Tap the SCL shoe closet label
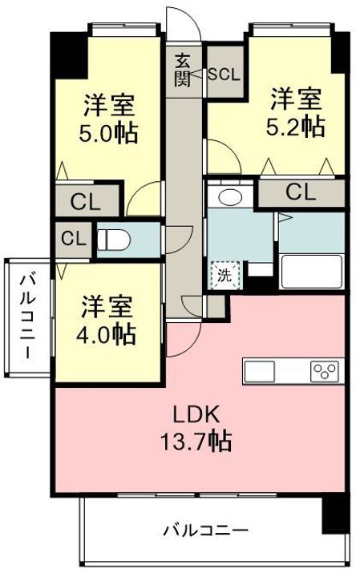224,75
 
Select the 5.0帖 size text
108,133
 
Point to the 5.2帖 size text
296,127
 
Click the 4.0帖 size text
106,333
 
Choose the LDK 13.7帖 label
196,427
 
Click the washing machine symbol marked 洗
225,275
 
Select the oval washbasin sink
230,197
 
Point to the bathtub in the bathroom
312,272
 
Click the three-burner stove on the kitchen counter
325,371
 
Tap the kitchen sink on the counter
259,371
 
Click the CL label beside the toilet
74,239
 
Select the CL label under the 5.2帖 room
301,192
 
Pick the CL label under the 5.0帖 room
86,202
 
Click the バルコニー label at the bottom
206,531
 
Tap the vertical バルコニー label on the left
28,317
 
